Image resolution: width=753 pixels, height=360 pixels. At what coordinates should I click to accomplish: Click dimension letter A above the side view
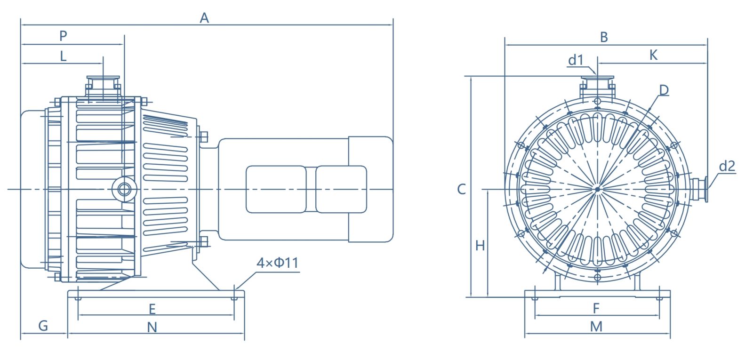(x=204, y=18)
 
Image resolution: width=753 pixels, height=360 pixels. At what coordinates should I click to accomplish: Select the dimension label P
(x=63, y=36)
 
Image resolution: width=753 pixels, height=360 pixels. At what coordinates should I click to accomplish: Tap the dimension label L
(x=63, y=56)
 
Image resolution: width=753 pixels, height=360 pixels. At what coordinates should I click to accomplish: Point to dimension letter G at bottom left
(x=43, y=326)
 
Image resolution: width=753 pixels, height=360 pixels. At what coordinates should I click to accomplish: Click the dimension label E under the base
(x=152, y=309)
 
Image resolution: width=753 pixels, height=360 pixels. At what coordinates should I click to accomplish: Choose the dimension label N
(x=152, y=328)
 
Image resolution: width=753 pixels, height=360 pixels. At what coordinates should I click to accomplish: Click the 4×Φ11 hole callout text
(x=277, y=263)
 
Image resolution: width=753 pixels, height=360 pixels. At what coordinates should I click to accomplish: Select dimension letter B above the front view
(x=604, y=37)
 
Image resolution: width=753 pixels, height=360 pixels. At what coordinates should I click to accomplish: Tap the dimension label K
(x=653, y=56)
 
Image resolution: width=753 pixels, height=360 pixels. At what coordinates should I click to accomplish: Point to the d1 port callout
(x=576, y=60)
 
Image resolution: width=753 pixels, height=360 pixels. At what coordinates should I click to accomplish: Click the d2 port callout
(x=727, y=166)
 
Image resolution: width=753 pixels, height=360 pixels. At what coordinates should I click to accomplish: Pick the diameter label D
(x=664, y=90)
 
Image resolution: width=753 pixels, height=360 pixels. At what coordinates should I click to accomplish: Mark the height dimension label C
(x=461, y=189)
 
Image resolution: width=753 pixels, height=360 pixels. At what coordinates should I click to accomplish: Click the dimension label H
(x=480, y=246)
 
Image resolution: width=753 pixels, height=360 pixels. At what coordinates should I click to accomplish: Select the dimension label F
(x=596, y=309)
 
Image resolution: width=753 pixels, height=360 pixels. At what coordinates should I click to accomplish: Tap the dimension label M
(x=596, y=327)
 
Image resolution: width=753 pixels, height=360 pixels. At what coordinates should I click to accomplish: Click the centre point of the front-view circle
(x=597, y=189)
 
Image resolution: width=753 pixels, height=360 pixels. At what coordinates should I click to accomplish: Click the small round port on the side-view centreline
(x=124, y=189)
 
